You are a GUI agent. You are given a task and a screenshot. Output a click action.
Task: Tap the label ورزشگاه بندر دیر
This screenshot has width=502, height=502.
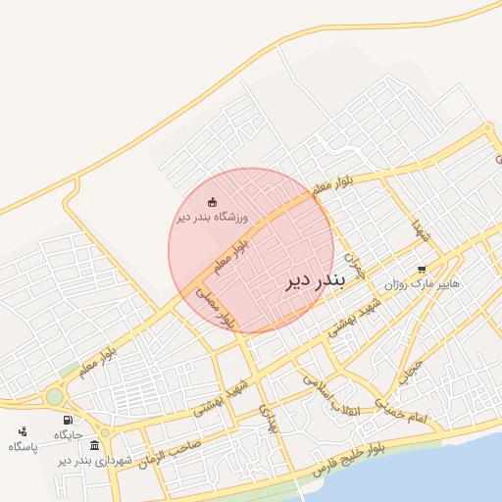point(214,217)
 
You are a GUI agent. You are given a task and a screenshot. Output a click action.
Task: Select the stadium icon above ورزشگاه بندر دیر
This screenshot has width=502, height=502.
point(214,202)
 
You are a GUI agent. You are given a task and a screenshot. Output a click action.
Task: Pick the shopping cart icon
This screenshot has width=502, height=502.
point(422,269)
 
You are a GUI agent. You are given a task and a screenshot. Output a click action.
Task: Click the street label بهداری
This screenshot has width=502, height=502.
point(270,419)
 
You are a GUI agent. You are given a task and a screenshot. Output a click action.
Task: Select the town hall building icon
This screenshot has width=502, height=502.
point(94,445)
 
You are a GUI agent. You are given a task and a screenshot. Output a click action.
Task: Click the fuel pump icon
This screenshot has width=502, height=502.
point(66,420)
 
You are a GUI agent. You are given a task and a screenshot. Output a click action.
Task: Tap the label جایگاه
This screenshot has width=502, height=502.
point(68,434)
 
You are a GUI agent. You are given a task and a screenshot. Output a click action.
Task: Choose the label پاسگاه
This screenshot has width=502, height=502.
point(23,446)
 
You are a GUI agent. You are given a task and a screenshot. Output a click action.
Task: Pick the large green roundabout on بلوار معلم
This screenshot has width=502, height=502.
point(55,396)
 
